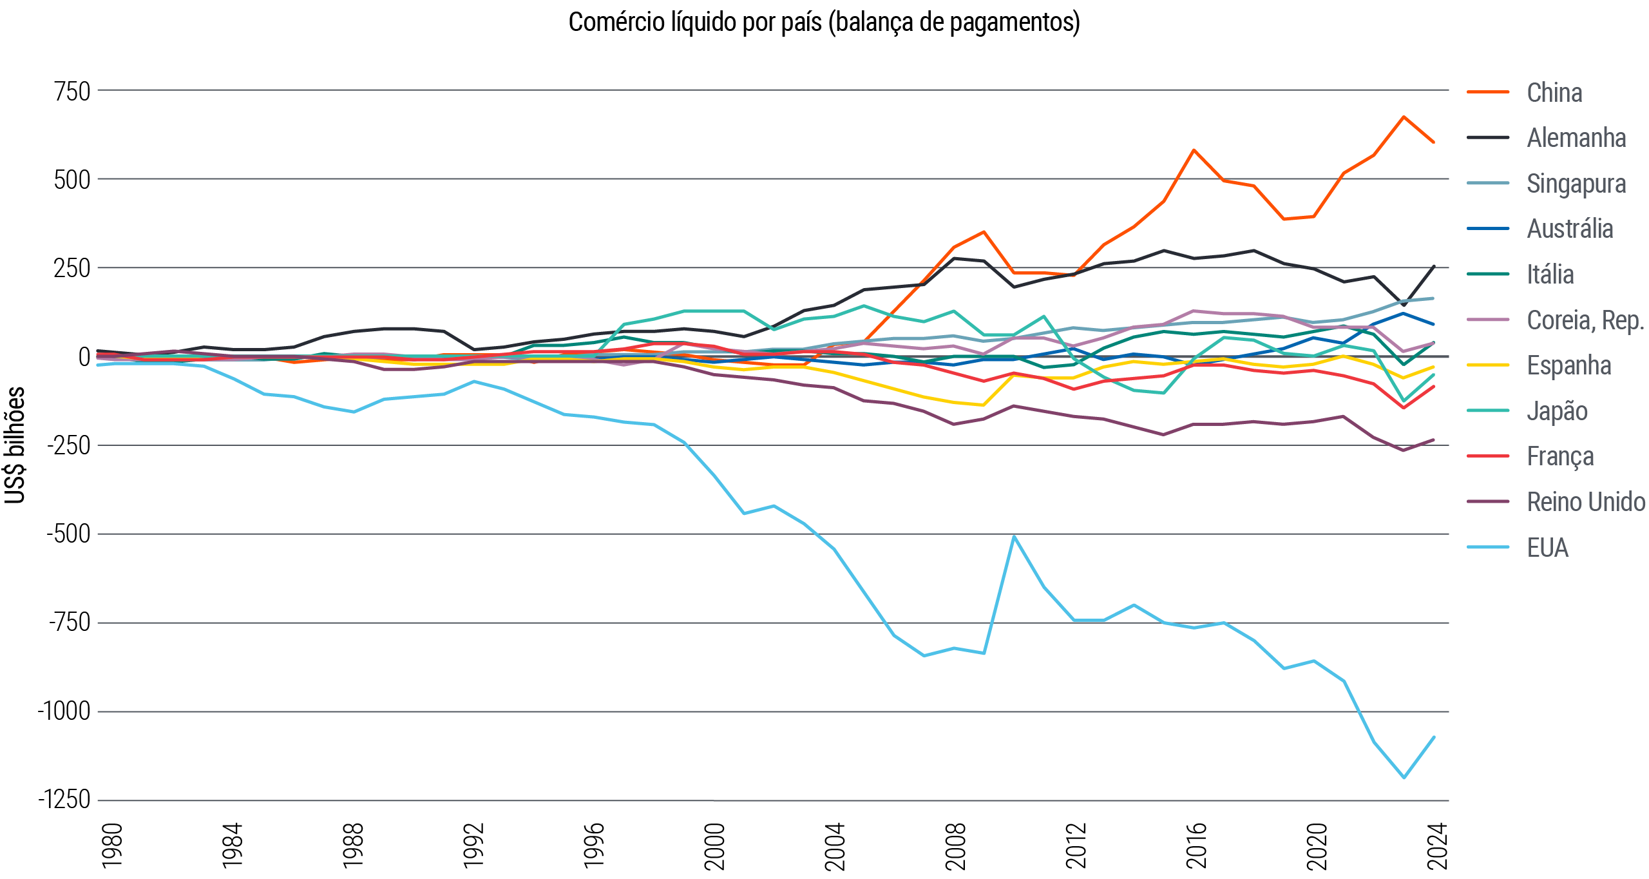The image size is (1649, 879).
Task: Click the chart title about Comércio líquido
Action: point(824,23)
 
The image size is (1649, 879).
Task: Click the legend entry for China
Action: point(1554,93)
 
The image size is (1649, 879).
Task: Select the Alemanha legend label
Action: point(1576,138)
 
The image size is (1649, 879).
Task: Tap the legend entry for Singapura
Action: point(1576,184)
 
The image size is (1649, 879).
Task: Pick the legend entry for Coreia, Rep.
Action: point(1585,320)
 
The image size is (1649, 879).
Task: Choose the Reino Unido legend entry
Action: point(1585,502)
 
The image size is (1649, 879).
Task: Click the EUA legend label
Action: point(1547,548)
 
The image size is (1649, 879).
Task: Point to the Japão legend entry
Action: point(1556,411)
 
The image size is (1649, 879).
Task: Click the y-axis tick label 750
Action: point(72,92)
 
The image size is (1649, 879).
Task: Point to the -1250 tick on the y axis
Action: point(64,800)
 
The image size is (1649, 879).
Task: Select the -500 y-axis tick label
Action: point(68,534)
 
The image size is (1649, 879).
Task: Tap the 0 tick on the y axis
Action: point(84,357)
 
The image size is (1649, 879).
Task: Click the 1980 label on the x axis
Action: point(112,845)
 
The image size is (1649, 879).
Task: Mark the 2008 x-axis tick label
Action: point(955,845)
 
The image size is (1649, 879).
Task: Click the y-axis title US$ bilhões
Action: point(15,445)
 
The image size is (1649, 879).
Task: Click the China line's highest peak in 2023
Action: point(1404,117)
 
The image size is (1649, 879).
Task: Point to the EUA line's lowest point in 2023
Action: point(1404,777)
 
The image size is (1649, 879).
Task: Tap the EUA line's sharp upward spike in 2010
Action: point(1014,536)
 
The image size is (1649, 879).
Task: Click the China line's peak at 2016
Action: point(1194,150)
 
